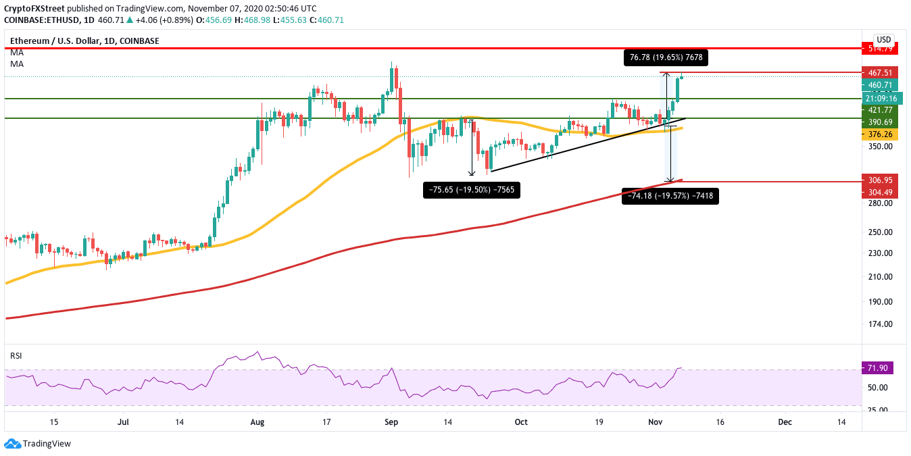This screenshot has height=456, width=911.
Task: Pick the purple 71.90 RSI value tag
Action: [877, 368]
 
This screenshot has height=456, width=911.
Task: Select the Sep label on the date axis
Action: [391, 422]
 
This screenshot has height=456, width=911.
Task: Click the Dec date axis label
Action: [784, 422]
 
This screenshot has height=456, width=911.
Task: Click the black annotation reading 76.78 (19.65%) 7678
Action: [666, 58]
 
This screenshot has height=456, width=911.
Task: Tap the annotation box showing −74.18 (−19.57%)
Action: [670, 197]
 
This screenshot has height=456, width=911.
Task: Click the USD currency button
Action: [883, 39]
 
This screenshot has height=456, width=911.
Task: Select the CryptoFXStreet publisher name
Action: [34, 9]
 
